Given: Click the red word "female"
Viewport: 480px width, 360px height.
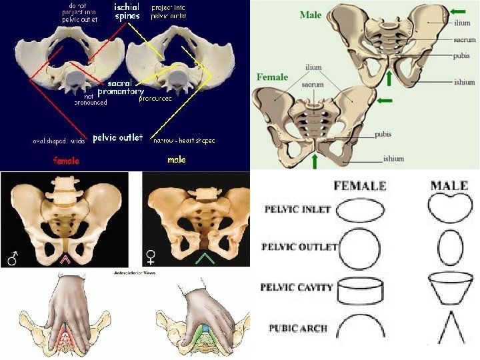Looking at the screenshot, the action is [x=66, y=160].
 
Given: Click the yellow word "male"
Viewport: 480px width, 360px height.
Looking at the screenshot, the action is [x=176, y=160].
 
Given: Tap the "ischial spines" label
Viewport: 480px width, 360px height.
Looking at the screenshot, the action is [x=127, y=11].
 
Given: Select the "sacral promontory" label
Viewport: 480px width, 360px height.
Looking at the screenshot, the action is [x=121, y=87].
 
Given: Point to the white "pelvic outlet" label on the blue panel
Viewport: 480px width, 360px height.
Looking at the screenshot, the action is [x=117, y=137].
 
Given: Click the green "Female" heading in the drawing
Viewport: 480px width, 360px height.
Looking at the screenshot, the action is [x=272, y=77].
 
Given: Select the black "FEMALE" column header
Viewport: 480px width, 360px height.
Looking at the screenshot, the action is [x=359, y=185].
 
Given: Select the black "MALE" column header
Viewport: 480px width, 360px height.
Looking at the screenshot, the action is [x=449, y=185].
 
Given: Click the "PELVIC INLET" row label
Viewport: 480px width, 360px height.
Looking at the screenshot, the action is [x=297, y=209].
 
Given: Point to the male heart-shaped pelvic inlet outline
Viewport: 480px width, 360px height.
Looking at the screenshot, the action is [x=449, y=209].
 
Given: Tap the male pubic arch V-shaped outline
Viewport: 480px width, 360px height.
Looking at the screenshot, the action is [x=449, y=328].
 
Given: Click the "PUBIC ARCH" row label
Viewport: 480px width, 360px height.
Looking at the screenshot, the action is [x=297, y=328].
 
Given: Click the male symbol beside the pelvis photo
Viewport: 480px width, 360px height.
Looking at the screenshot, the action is [x=12, y=258].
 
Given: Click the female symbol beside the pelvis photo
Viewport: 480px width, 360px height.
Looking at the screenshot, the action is [x=153, y=257].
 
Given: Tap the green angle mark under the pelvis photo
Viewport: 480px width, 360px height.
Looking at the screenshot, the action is [x=205, y=258].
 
